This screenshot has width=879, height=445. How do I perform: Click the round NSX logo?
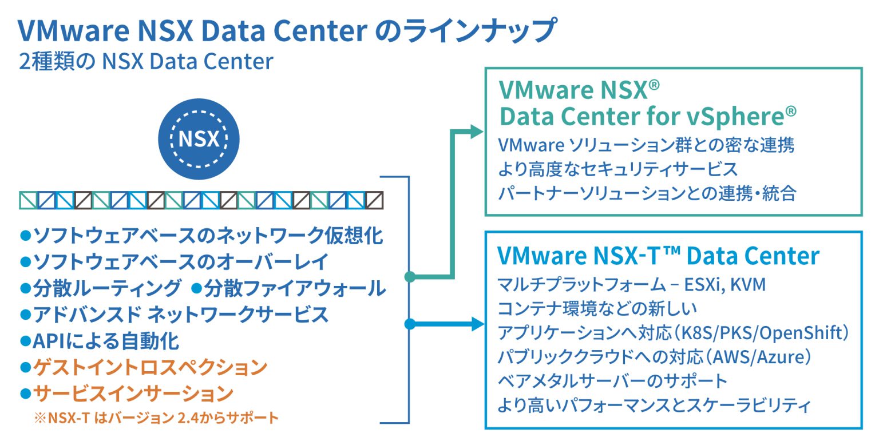click(199, 140)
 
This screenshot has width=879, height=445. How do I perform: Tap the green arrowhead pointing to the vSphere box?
click(476, 131)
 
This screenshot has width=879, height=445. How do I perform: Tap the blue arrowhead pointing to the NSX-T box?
click(476, 324)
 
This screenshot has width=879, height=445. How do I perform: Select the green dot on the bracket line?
click(409, 277)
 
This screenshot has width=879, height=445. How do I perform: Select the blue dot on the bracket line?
click(409, 324)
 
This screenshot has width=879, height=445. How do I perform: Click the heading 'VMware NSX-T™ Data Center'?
click(658, 256)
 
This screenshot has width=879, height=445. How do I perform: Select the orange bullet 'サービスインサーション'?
click(133, 394)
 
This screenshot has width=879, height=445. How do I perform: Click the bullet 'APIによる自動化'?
click(105, 341)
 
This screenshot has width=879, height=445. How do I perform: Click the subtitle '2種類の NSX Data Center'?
click(146, 62)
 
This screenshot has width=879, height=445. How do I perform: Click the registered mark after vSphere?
click(790, 110)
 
